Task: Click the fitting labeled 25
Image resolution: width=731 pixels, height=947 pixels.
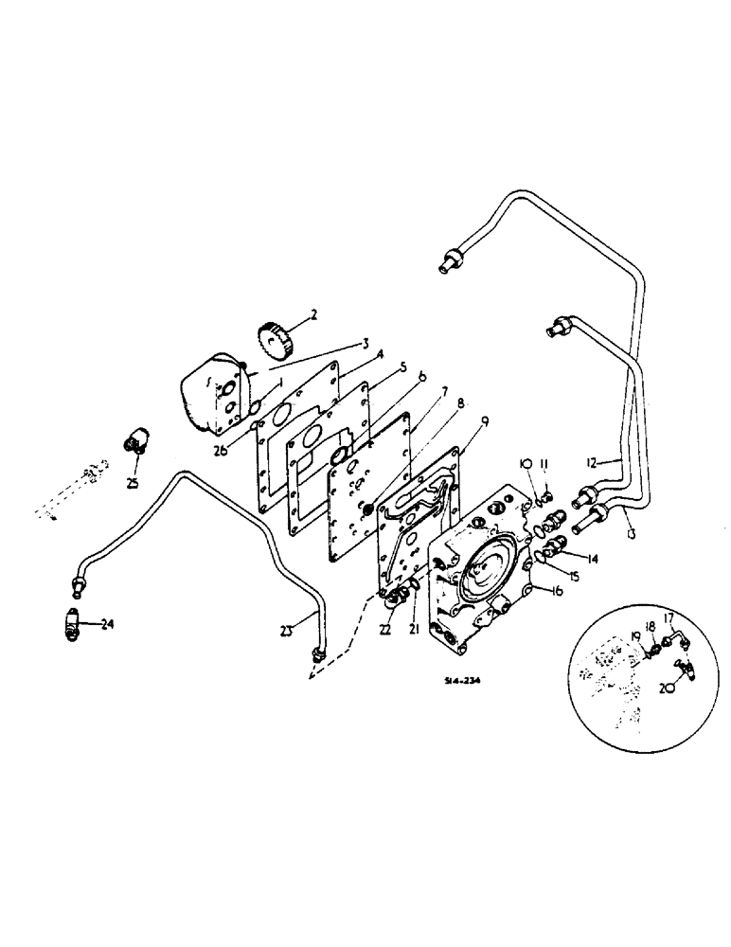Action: pos(136,438)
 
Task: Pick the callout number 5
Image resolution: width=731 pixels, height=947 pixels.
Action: pos(376,366)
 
